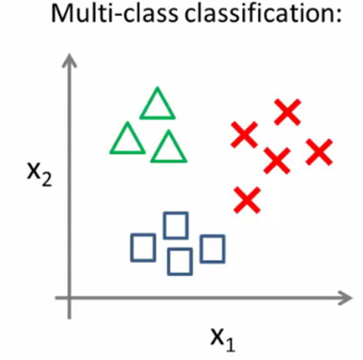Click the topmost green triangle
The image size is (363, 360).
(157, 105)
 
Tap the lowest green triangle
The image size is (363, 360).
(168, 149)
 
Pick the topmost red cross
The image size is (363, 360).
(287, 112)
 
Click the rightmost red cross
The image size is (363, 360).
(319, 152)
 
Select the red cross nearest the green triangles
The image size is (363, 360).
(244, 134)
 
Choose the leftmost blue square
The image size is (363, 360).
(143, 246)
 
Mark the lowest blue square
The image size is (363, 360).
(180, 261)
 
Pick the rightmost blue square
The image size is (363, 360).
(212, 249)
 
